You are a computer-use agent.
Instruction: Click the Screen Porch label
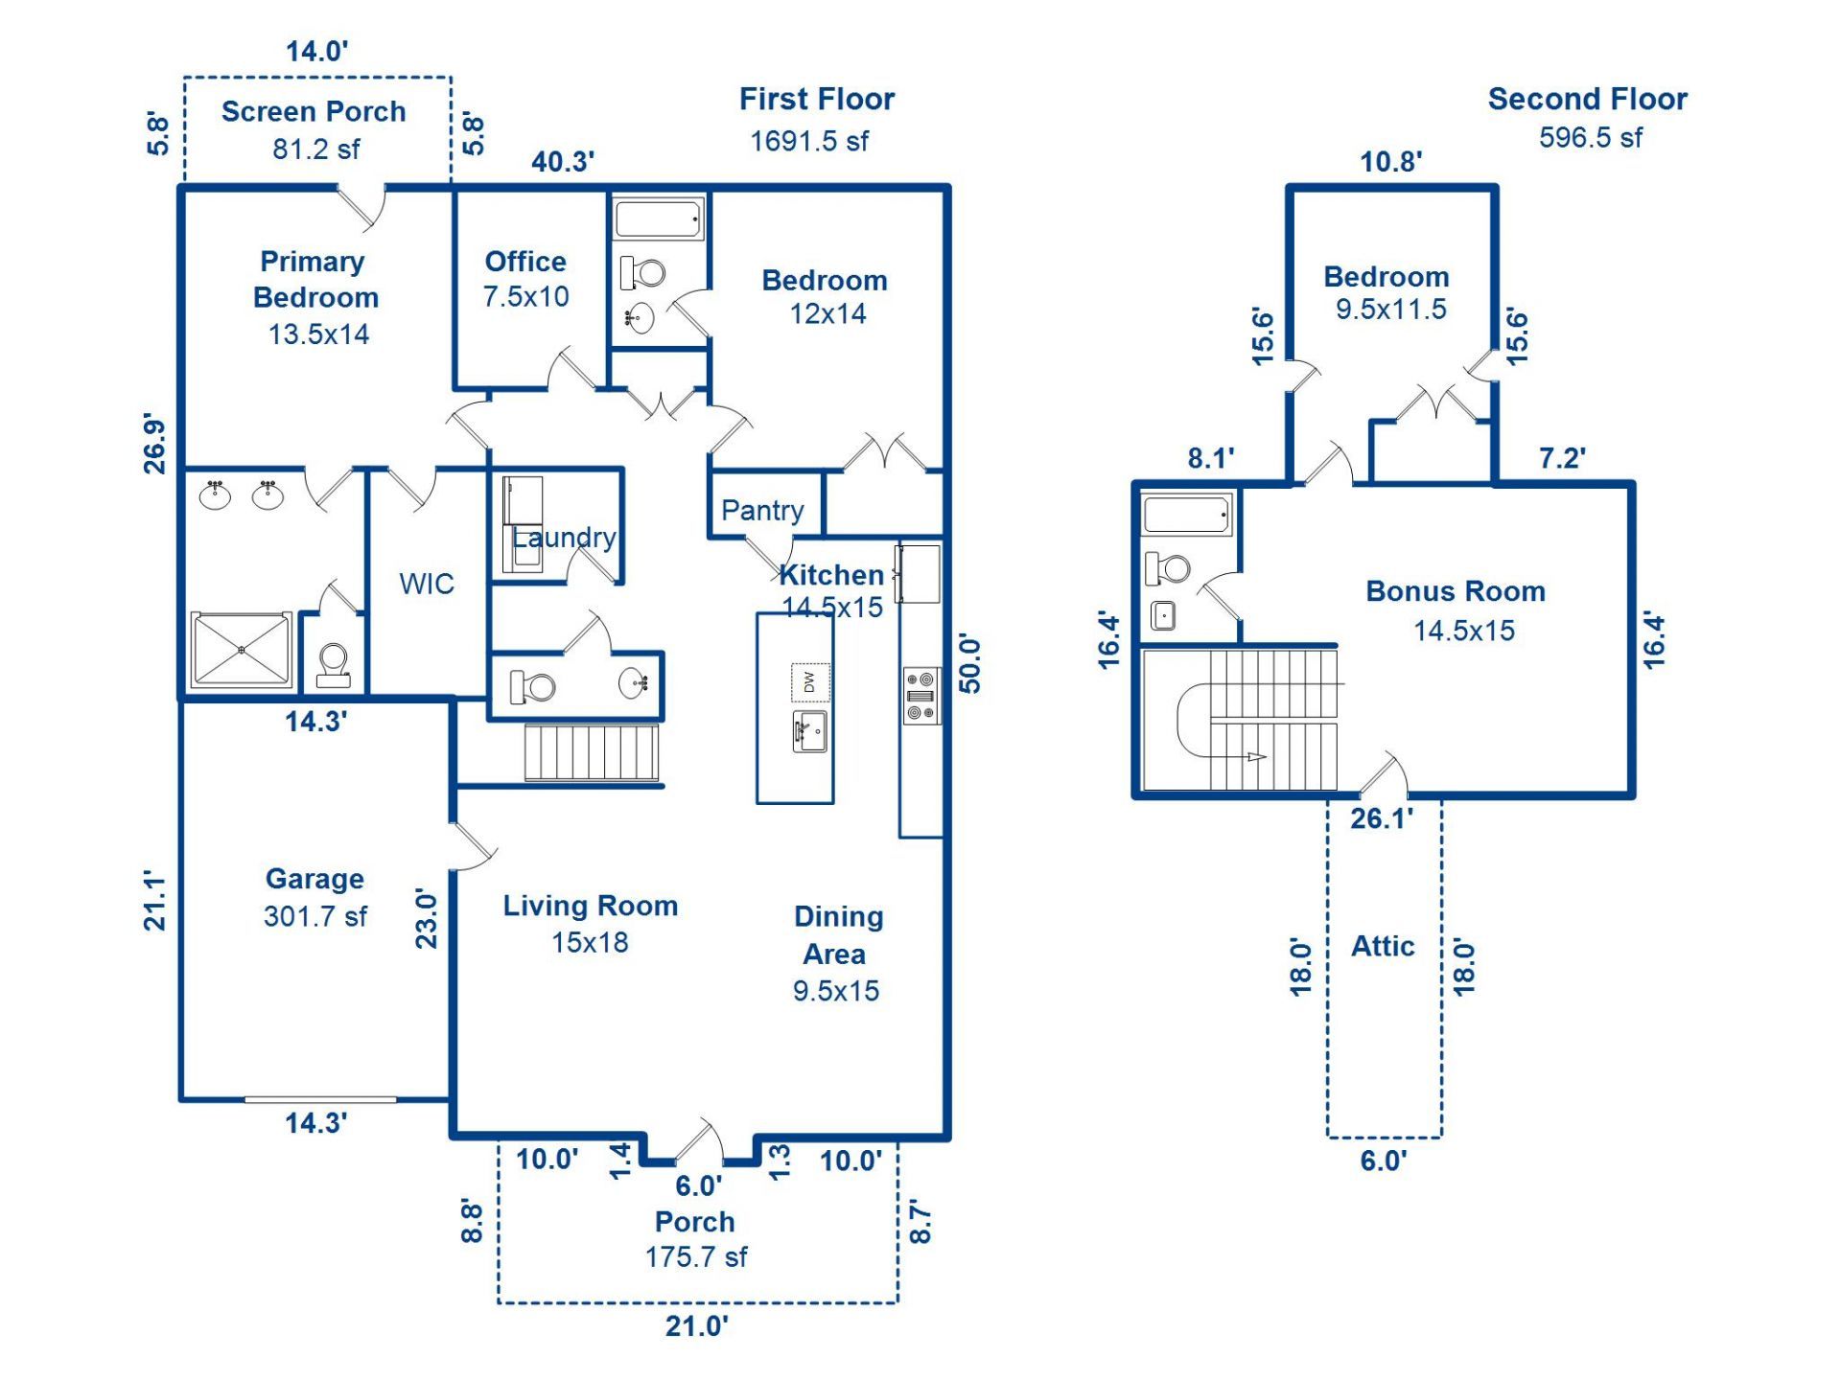click(314, 112)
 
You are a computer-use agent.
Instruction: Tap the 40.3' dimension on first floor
click(563, 161)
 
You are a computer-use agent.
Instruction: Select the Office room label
click(524, 262)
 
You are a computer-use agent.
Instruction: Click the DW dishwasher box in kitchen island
click(810, 682)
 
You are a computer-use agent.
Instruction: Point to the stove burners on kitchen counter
click(920, 696)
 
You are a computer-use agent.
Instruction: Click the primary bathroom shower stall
click(241, 650)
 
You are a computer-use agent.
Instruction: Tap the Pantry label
click(762, 510)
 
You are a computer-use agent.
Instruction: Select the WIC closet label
click(427, 584)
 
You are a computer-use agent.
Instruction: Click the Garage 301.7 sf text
click(315, 916)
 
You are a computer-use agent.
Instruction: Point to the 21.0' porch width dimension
click(697, 1326)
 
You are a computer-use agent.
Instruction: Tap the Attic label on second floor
click(1383, 946)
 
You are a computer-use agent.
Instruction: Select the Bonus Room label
click(1456, 591)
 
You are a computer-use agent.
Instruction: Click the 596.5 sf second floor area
click(1590, 138)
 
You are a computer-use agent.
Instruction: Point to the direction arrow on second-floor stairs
click(1254, 757)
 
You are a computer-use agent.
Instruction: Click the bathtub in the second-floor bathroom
click(1186, 515)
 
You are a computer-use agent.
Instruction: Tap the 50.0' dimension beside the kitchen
click(969, 663)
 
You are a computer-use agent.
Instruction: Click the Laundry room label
click(564, 538)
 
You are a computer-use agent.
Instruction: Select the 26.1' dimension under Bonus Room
click(1381, 818)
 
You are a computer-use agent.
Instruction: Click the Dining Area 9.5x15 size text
click(835, 991)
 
